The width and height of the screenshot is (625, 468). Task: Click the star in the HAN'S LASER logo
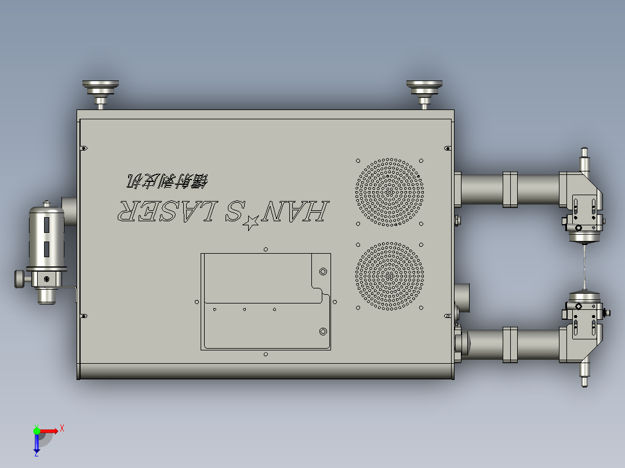251,221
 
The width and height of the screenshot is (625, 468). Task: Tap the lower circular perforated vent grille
390,276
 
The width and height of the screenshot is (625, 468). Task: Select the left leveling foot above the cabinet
101,91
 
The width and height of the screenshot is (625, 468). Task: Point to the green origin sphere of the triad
37,430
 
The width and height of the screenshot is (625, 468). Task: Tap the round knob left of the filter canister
20,279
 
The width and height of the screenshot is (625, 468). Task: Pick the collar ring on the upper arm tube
510,189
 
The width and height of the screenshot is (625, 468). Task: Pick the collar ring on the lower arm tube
510,345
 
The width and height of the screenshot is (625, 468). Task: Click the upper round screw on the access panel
323,271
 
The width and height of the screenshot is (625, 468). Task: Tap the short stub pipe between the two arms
463,296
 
